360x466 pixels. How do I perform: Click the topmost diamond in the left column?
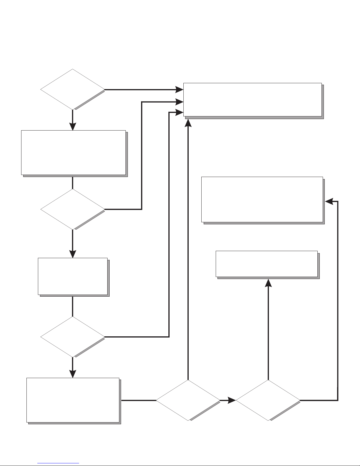click(x=72, y=89)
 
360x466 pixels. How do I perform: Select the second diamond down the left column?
click(x=72, y=209)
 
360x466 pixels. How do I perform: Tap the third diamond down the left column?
click(x=72, y=337)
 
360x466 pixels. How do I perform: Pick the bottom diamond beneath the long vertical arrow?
click(x=188, y=400)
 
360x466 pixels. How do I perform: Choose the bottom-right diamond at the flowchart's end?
click(x=268, y=400)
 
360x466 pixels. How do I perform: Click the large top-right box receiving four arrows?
click(x=252, y=100)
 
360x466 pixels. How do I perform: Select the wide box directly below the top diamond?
click(x=73, y=152)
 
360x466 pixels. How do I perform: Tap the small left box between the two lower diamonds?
click(x=73, y=276)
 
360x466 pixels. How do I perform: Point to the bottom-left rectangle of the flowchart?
click(x=73, y=400)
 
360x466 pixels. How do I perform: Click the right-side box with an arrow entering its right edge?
click(x=262, y=199)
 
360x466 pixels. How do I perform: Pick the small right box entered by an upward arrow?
click(x=267, y=264)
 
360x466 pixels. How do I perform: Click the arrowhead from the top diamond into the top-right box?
click(x=179, y=89)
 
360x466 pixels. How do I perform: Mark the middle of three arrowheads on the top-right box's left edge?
click(x=179, y=102)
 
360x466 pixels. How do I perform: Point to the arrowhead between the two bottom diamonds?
click(x=232, y=400)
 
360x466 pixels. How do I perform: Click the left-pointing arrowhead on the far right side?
click(x=329, y=201)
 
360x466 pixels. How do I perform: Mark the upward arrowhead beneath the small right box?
click(x=268, y=283)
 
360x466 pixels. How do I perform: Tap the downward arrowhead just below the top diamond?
click(x=72, y=126)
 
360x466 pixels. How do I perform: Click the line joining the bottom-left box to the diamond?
click(x=138, y=400)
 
